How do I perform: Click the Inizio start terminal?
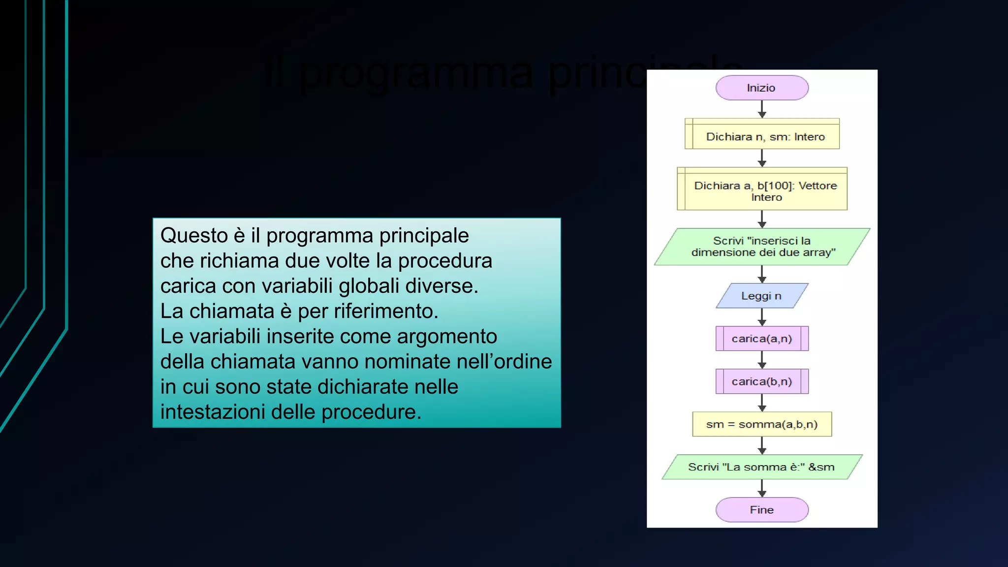[761, 88]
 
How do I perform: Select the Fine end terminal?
[761, 510]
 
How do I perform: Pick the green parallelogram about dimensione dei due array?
[762, 247]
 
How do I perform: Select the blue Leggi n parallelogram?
[761, 296]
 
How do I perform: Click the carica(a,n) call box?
[761, 339]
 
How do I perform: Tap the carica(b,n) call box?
[761, 381]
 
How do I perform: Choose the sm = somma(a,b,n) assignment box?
[761, 424]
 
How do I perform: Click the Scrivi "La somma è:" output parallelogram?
[761, 467]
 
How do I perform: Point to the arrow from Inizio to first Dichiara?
[762, 109]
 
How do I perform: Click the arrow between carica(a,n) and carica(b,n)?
[762, 360]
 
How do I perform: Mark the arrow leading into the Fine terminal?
[762, 488]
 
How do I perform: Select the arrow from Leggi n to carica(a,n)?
[762, 317]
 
